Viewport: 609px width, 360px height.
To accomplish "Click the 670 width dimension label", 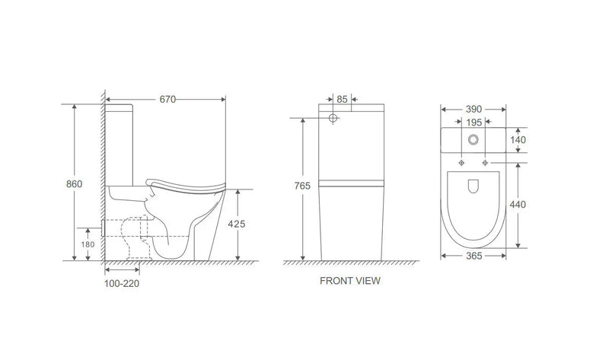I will click(x=168, y=99).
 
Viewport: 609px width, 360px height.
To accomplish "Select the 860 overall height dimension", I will click(x=75, y=184).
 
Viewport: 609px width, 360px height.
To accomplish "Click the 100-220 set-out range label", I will click(x=123, y=283).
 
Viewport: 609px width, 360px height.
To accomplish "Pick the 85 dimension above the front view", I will click(x=342, y=99).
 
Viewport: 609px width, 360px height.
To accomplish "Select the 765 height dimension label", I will click(x=303, y=186).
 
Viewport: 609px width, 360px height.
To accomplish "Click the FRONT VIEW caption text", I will click(x=350, y=281).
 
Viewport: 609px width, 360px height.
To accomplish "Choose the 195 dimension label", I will click(x=473, y=123).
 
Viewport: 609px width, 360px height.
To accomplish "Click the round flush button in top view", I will click(x=473, y=140).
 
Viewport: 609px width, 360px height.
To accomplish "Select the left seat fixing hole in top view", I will click(x=462, y=163).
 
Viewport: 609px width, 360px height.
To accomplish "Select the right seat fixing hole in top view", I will click(x=484, y=163).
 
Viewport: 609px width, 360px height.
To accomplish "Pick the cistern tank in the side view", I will click(x=119, y=145).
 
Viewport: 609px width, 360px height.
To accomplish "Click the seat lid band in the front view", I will click(x=351, y=183).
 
